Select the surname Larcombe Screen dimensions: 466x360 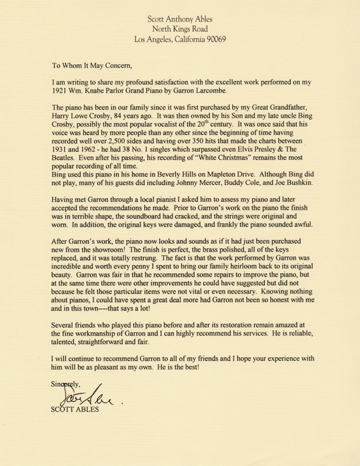[x=236, y=91]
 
